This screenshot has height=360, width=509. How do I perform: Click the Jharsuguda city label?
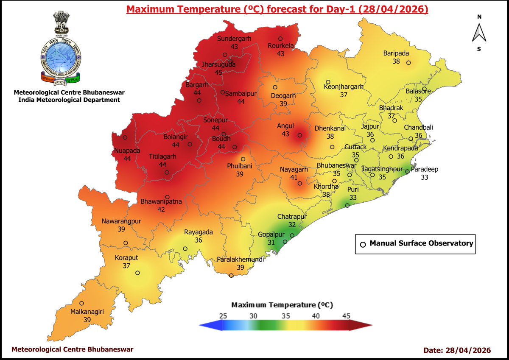[218, 65]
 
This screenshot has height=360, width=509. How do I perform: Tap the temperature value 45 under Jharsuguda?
[218, 73]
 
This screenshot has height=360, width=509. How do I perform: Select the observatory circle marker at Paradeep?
[407, 172]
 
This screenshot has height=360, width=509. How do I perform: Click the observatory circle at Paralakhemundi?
[231, 276]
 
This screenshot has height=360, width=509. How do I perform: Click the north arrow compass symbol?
[479, 33]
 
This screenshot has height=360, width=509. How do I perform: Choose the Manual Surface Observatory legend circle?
[363, 244]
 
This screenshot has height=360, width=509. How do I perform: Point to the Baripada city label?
[396, 53]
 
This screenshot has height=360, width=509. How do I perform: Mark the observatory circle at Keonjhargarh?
[328, 82]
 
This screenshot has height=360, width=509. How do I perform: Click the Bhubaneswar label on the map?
[337, 166]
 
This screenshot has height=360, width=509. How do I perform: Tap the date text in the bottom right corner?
[457, 350]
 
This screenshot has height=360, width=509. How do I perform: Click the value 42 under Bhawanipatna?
[162, 209]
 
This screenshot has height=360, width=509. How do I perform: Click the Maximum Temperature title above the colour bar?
[282, 305]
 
